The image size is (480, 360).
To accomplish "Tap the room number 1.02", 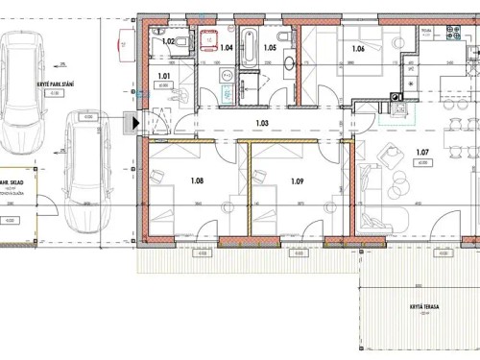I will click(x=166, y=41).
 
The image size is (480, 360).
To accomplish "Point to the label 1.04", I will click(x=227, y=47).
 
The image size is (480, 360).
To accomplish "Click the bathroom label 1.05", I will click(x=270, y=47).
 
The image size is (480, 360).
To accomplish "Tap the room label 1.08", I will click(x=198, y=180).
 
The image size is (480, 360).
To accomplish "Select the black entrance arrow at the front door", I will click(x=135, y=122).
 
